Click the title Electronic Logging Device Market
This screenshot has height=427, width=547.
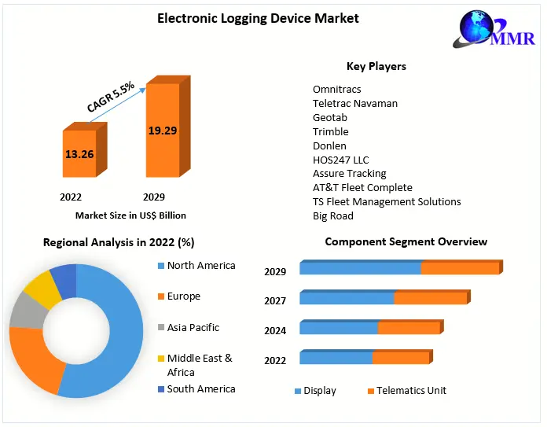coord(258,18)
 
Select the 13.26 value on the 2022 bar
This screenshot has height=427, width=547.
coord(79,154)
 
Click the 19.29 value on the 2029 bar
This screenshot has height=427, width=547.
coord(163,130)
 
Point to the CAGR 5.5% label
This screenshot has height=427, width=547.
coord(111,97)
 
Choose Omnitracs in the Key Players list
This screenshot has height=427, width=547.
coord(337,90)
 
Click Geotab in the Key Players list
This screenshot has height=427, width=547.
coord(331,118)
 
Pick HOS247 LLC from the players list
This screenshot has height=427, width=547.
coord(341,160)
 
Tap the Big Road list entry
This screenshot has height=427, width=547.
coord(333,215)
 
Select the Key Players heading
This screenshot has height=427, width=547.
coord(376,66)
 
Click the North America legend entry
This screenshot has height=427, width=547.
coord(200,266)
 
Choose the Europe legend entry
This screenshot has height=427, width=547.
coord(183,296)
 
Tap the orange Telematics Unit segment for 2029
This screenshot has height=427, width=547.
coord(460,268)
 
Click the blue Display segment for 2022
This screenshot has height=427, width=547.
coord(336,359)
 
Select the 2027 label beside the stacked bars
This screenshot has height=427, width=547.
coord(275,301)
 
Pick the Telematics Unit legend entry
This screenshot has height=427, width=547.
coord(411,391)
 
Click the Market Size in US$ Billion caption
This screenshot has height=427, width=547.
coord(130,215)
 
